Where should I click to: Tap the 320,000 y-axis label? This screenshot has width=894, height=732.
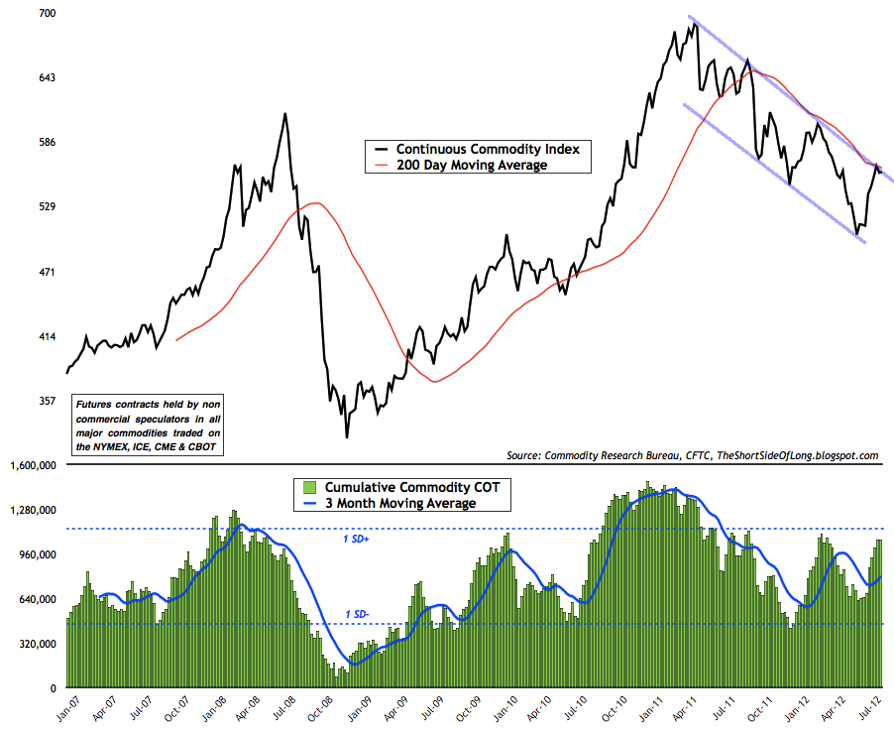[x=35, y=644]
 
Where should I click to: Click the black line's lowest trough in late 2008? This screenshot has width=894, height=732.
[x=347, y=436]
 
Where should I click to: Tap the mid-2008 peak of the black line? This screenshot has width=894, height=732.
[x=285, y=114]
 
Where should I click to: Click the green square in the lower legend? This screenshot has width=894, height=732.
[x=308, y=487]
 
